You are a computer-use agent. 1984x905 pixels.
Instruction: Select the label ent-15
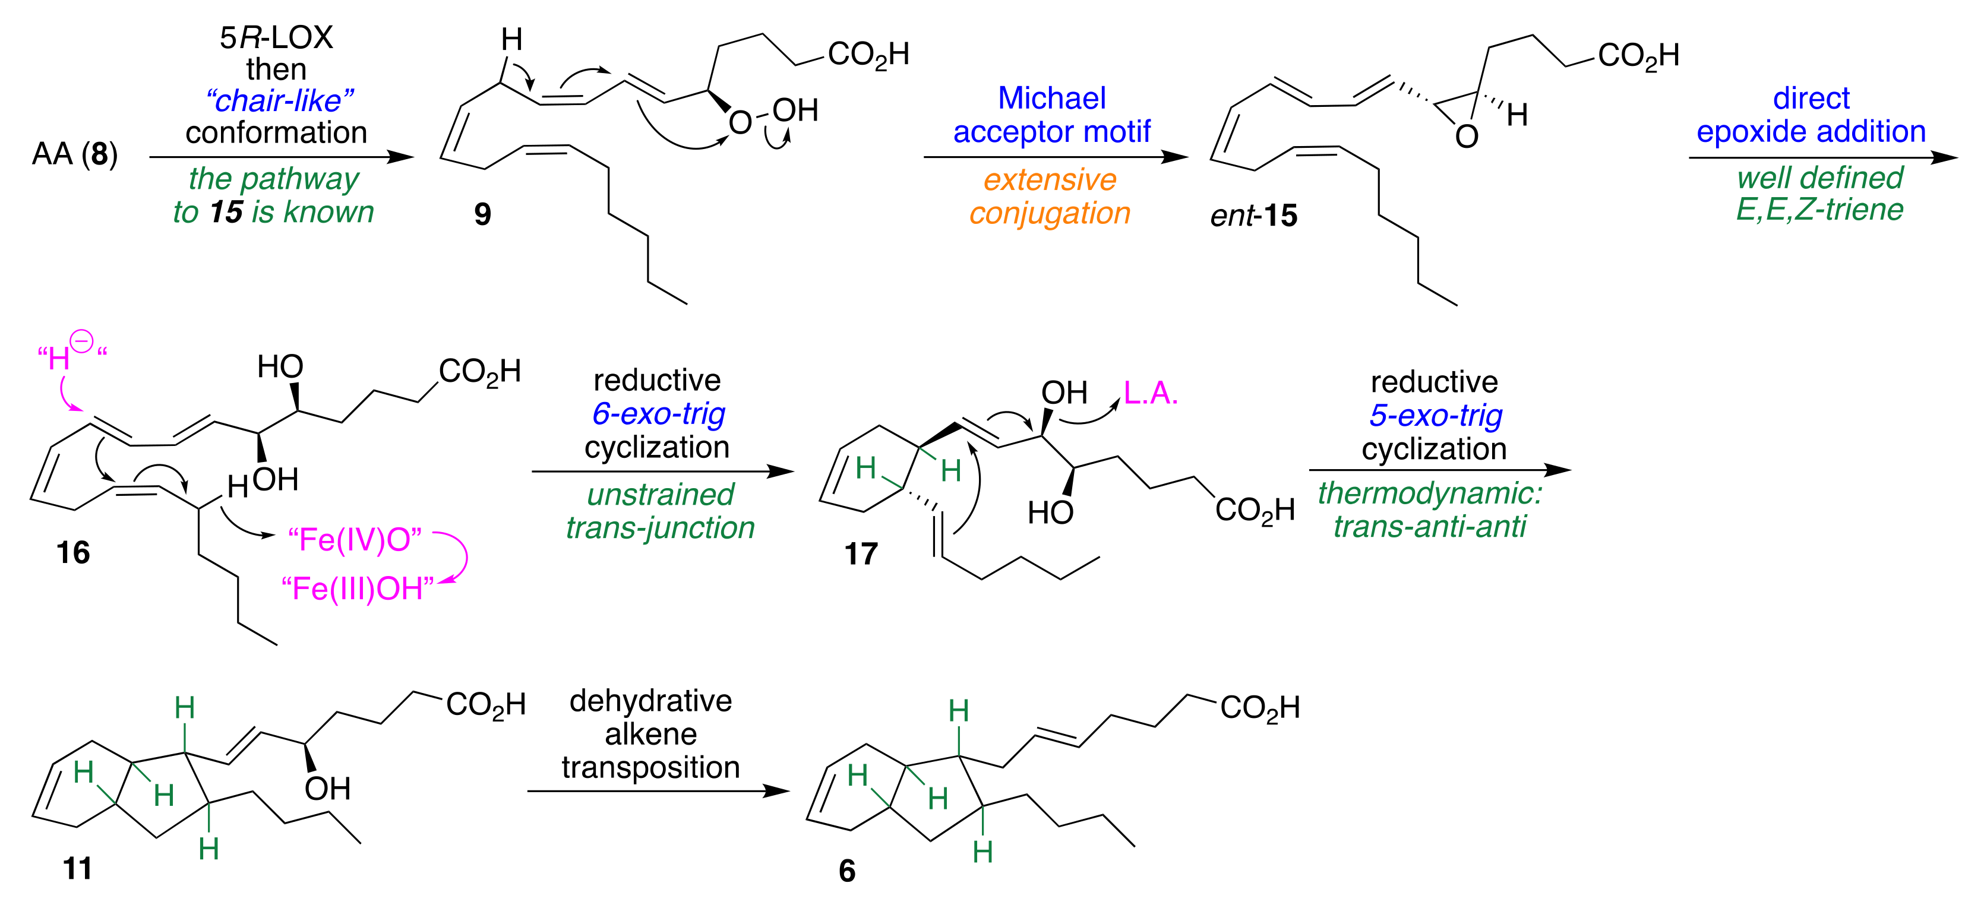pos(1253,215)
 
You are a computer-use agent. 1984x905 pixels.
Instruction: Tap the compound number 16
pos(73,552)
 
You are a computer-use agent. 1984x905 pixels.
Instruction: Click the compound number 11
pos(77,868)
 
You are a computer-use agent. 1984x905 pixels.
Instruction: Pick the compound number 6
pos(846,871)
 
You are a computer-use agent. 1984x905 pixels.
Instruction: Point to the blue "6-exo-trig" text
pos(659,414)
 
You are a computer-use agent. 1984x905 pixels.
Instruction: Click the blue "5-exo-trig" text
pos(1435,415)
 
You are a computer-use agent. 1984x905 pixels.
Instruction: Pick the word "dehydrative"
pos(651,701)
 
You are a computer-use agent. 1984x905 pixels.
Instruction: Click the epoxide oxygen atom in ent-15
pos(1467,137)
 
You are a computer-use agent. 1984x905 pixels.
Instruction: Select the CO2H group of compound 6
pos(1259,707)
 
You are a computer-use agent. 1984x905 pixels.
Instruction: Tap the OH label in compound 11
pos(327,788)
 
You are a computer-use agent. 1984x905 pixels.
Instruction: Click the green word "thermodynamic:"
pos(1429,493)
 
